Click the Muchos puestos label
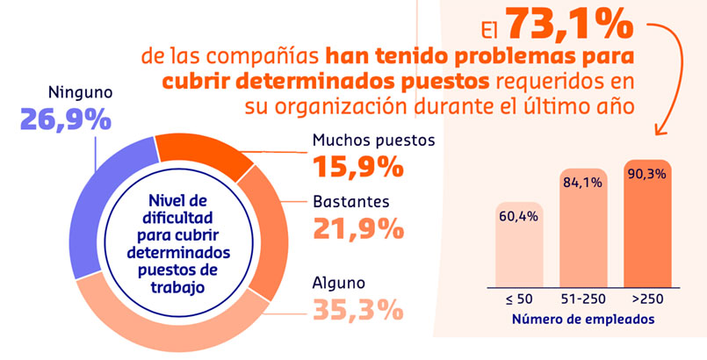(x=374, y=140)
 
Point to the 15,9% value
(x=358, y=165)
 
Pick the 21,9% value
(x=358, y=227)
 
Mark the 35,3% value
(x=358, y=309)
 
